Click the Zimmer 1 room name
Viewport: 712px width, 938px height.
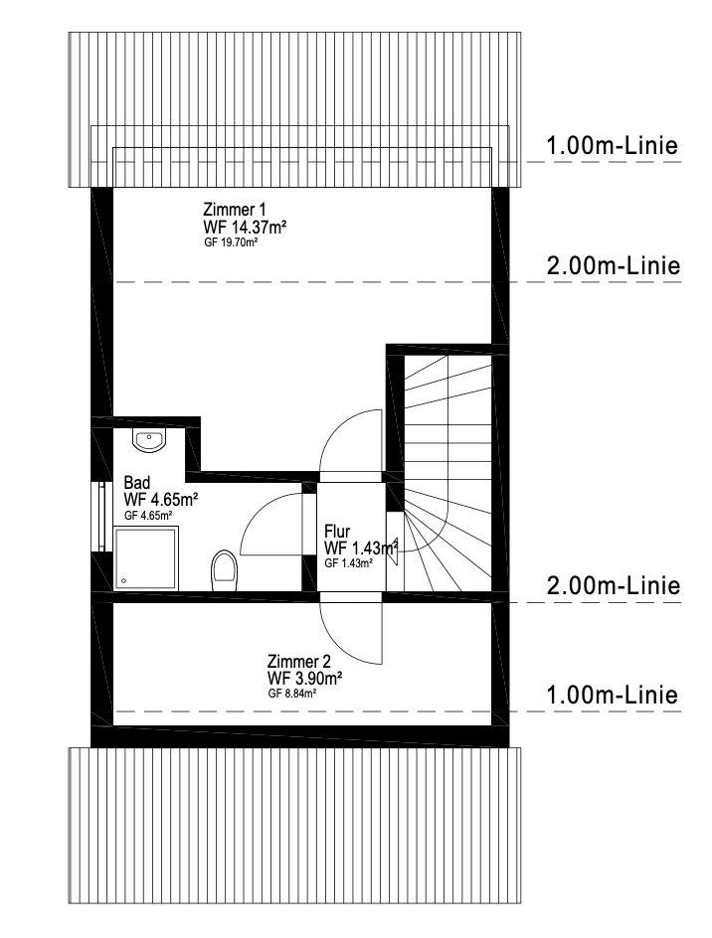click(x=234, y=210)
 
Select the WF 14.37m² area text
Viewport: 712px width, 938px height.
click(x=245, y=228)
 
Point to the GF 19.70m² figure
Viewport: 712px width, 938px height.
click(x=231, y=242)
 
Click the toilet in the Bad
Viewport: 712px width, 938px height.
click(x=224, y=570)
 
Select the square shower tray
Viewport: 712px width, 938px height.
click(x=146, y=558)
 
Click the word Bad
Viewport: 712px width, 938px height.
click(x=136, y=483)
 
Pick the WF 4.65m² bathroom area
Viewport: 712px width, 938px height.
click(x=161, y=500)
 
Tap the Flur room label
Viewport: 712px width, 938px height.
click(x=337, y=532)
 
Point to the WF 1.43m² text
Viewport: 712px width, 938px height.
click(x=361, y=547)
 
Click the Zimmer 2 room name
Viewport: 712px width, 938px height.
click(x=298, y=662)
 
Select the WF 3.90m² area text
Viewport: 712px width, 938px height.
click(x=305, y=679)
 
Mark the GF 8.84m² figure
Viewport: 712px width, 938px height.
click(x=292, y=694)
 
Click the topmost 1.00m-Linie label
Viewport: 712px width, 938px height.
click(x=612, y=145)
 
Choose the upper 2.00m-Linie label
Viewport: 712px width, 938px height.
click(x=614, y=265)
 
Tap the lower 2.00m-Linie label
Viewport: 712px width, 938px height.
click(x=614, y=585)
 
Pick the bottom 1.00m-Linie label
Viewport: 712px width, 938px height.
click(x=612, y=695)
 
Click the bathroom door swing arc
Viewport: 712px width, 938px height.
click(x=255, y=514)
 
